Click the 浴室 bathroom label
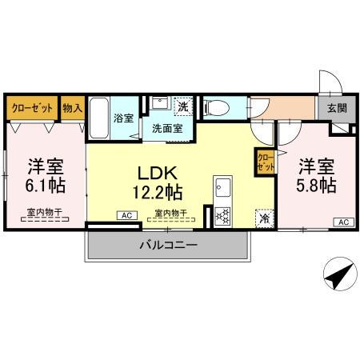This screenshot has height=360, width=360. [x=125, y=118]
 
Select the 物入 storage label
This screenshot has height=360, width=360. [x=72, y=107]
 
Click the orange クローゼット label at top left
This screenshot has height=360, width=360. [x=32, y=107]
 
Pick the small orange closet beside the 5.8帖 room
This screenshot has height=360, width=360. [x=263, y=163]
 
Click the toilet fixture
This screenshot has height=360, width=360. [x=218, y=107]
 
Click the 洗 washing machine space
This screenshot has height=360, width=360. [x=183, y=106]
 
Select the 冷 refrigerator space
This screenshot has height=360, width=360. [x=263, y=217]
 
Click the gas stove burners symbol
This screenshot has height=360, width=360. [x=222, y=214]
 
